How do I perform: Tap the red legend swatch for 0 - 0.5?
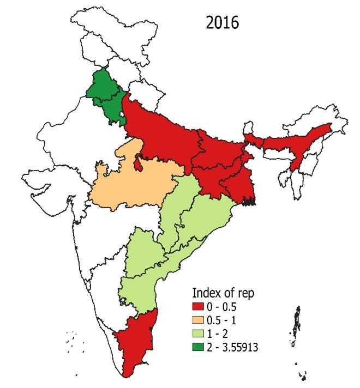click(x=198, y=308)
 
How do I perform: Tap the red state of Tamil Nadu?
click(x=136, y=343)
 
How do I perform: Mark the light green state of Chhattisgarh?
click(x=183, y=207)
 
